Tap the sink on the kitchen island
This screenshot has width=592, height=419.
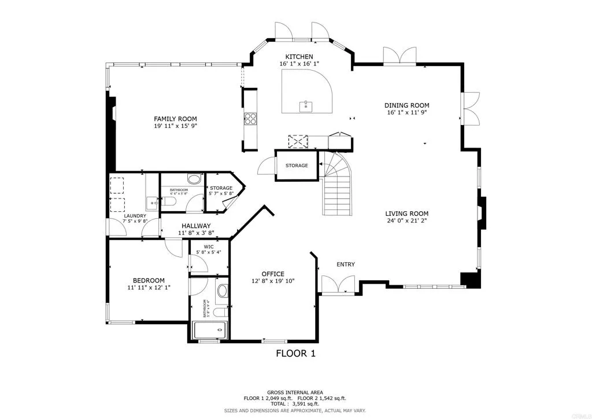coord(306,106)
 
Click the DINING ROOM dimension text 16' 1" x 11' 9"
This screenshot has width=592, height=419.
coord(407,113)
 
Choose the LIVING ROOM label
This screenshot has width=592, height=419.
coord(407,214)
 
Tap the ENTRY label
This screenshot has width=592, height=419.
coord(346,264)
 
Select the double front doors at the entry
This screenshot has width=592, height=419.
coord(338,284)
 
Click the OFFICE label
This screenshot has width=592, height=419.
coord(272,274)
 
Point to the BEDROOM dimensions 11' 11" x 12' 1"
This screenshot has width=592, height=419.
coord(149,287)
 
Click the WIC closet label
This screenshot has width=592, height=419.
coord(209,247)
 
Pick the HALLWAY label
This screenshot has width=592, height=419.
coord(196,226)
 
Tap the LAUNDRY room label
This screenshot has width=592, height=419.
coord(135,216)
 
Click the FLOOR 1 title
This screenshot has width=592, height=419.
coord(295,353)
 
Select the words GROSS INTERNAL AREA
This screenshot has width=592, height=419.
coord(295,392)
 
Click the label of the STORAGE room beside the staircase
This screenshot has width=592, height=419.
coord(297,166)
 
